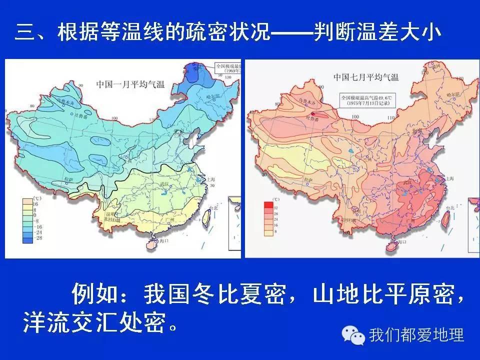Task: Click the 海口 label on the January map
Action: [x=162, y=241]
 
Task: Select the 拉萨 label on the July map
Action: [x=306, y=179]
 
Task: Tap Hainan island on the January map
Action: [x=151, y=243]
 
